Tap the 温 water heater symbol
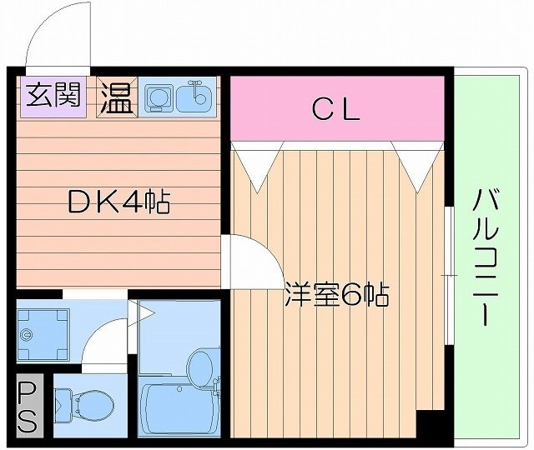[117, 98]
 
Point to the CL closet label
[336, 107]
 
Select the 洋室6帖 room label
[336, 295]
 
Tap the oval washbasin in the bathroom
[200, 364]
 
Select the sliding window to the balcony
[448, 275]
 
